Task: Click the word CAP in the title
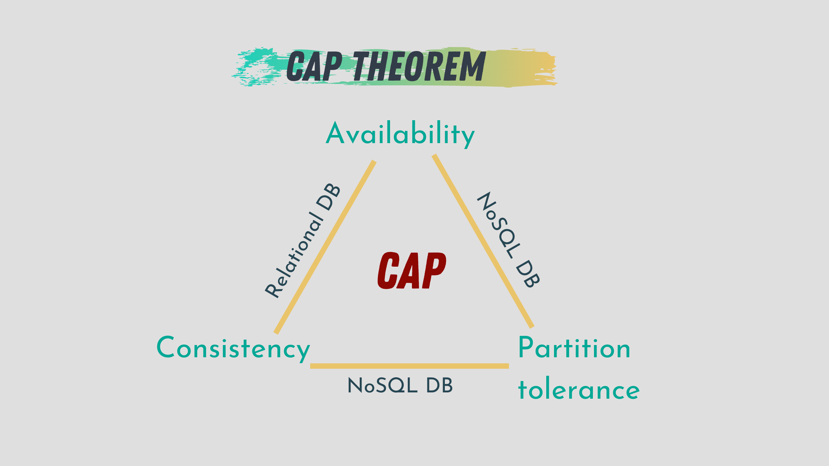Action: tap(314, 66)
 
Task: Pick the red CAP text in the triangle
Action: tap(412, 271)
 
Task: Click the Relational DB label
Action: tap(302, 240)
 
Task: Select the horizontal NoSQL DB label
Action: tap(400, 386)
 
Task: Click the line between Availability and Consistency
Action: tap(325, 247)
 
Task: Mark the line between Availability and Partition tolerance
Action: tap(483, 241)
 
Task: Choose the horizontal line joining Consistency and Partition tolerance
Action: tap(409, 366)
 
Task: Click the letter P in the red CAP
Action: tap(434, 271)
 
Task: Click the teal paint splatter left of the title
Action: tap(255, 67)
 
